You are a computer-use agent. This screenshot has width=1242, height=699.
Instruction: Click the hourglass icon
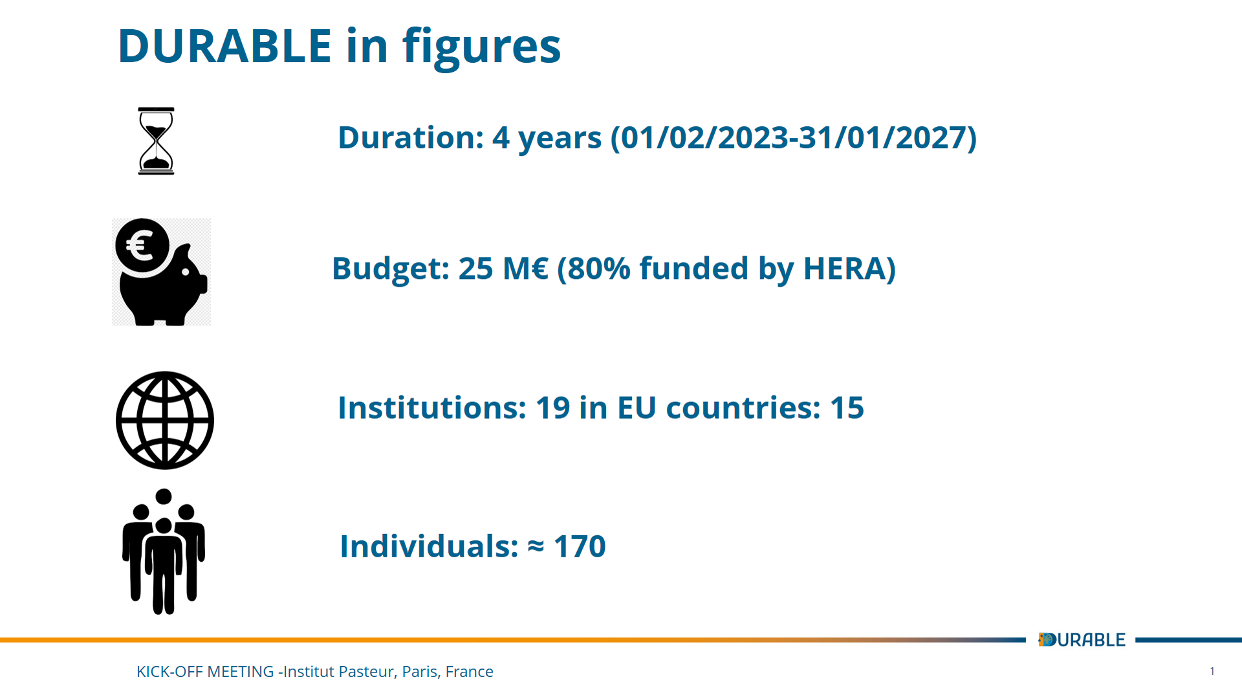156,141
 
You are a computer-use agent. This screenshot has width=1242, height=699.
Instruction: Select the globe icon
165,420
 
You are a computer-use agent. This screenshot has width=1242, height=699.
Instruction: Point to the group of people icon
164,551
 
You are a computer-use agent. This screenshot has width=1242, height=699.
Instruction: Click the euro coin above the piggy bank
142,246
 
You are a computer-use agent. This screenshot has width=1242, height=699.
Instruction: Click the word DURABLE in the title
225,47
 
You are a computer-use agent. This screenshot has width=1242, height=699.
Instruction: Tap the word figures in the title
482,49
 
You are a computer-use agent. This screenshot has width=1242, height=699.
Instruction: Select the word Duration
411,138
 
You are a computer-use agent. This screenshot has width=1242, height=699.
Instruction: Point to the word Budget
391,269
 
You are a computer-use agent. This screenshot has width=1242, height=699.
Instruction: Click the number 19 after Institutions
553,408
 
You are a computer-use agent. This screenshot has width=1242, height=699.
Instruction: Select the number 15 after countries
847,408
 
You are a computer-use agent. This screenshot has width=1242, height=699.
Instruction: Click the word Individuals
429,546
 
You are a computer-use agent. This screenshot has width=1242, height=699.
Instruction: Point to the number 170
580,546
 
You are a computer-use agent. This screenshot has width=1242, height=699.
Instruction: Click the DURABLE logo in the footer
1082,639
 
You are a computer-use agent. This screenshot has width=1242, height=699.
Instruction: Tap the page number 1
1212,671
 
